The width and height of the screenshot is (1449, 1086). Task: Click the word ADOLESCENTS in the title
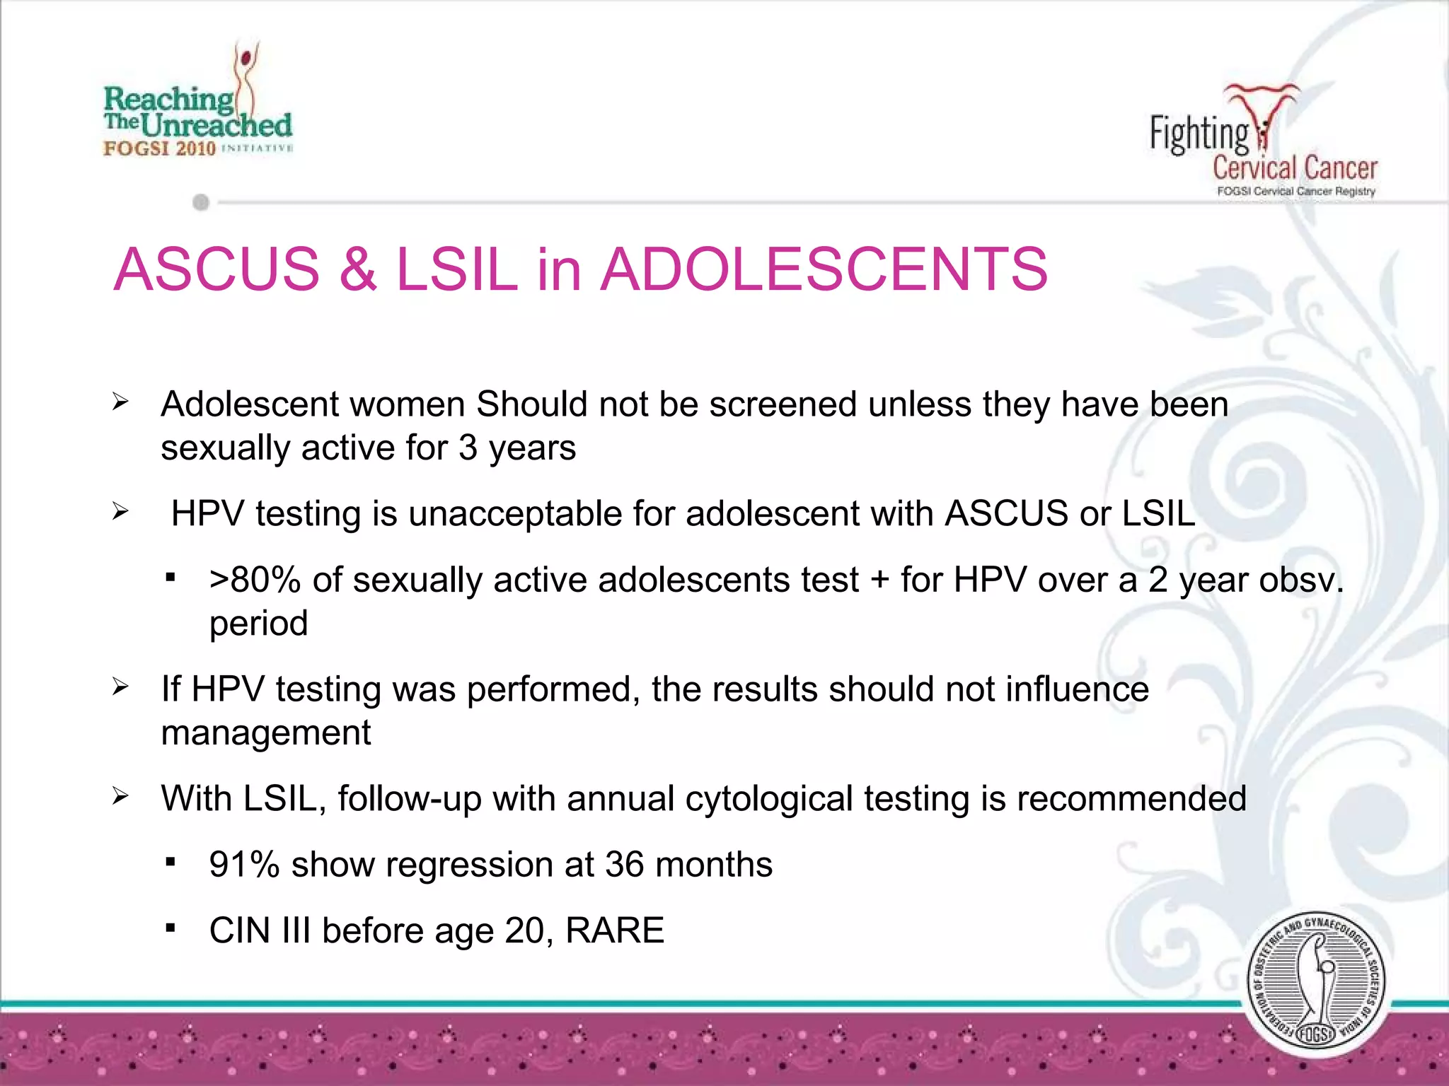[824, 269]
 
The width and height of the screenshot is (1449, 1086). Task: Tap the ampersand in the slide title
[357, 269]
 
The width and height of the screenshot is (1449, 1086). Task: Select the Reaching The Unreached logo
[197, 103]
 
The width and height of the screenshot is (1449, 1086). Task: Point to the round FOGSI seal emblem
[1315, 983]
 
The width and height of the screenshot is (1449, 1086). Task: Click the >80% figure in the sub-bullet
[255, 580]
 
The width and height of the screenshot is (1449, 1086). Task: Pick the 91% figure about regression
[244, 865]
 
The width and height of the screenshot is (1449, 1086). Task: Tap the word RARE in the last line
[615, 930]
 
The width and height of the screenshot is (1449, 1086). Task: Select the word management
[266, 732]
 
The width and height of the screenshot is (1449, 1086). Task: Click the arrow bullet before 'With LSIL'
[120, 797]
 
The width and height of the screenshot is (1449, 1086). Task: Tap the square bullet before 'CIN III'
[170, 928]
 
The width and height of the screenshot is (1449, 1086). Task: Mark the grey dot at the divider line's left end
[201, 203]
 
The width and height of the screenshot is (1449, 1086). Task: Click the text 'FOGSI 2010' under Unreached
[160, 148]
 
